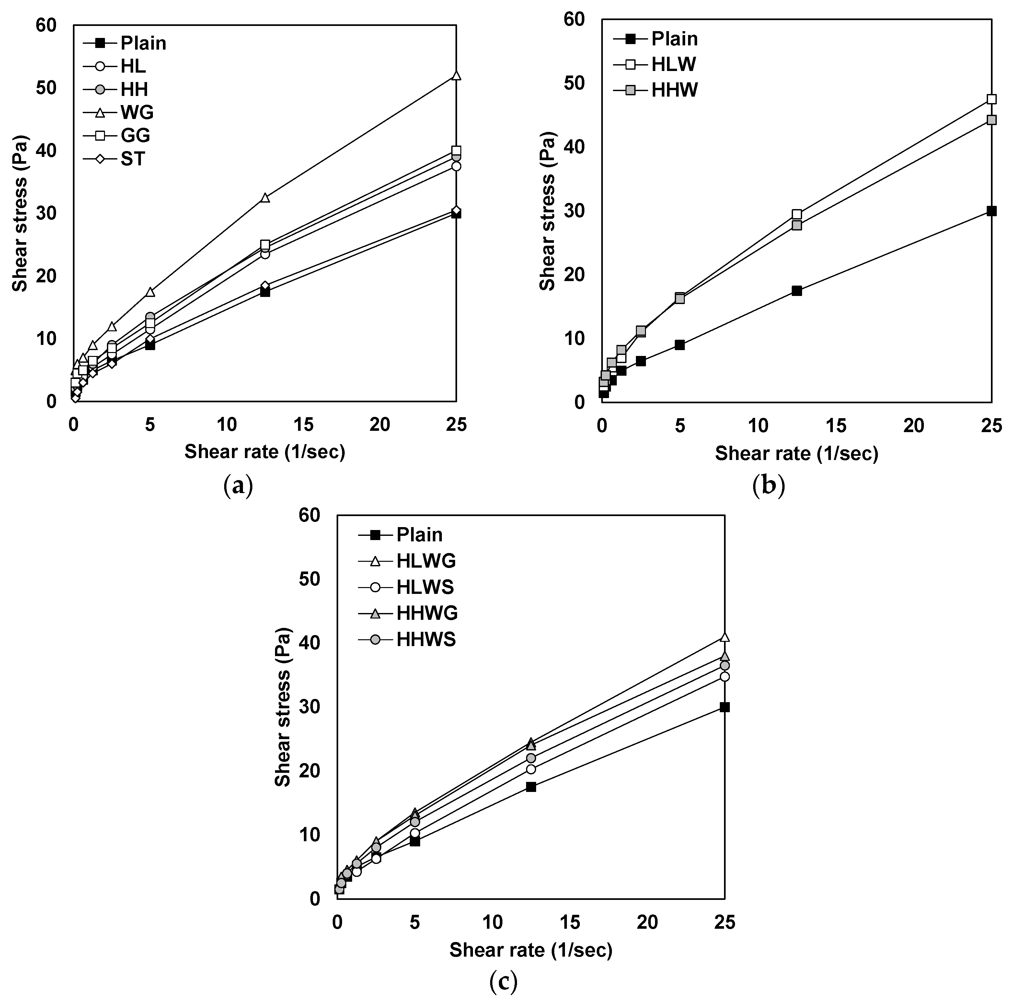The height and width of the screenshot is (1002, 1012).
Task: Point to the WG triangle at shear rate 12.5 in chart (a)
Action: click(265, 197)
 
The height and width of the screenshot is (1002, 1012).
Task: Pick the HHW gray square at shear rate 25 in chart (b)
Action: click(991, 120)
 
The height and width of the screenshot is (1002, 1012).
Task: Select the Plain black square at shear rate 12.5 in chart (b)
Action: click(797, 291)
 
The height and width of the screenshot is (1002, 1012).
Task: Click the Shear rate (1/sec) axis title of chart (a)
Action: click(265, 452)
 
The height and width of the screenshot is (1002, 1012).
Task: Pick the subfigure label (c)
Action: click(503, 982)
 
